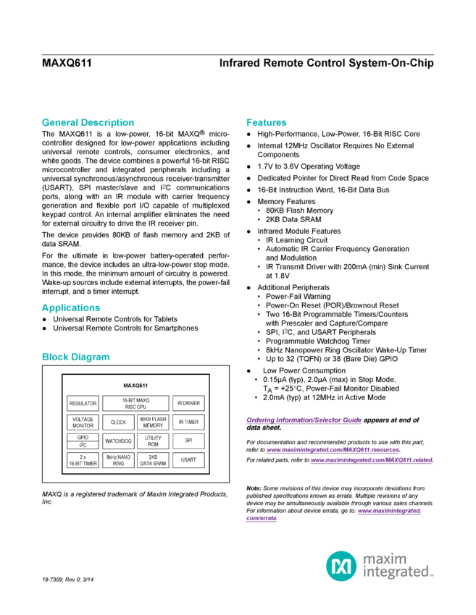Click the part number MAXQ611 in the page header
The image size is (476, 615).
[64, 63]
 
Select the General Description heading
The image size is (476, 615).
[87, 122]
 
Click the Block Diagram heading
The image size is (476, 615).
[75, 357]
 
